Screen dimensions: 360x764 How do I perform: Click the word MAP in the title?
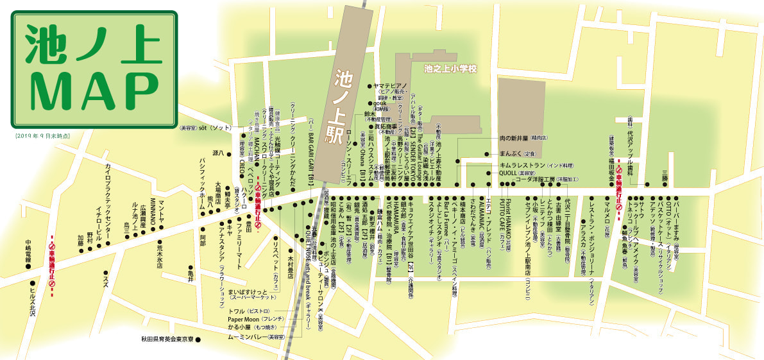pyautogui.click(x=93, y=90)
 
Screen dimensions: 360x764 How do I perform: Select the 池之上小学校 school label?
pyautogui.click(x=451, y=66)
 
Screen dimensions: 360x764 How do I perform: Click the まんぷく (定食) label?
pyautogui.click(x=517, y=154)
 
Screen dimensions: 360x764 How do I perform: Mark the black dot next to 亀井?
pyautogui.click(x=190, y=268)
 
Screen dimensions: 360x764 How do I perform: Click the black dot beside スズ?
pyautogui.click(x=104, y=272)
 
